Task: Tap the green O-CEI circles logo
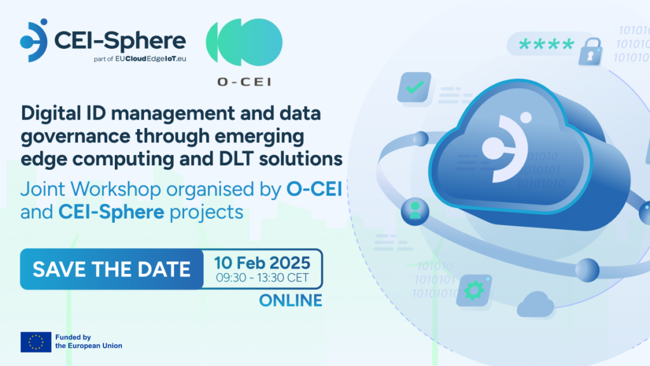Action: (x=244, y=43)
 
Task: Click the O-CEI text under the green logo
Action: (x=244, y=82)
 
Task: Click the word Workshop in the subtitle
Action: (x=116, y=189)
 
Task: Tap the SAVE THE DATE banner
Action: (x=112, y=269)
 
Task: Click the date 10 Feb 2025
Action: (x=262, y=262)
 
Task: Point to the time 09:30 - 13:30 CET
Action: (x=262, y=278)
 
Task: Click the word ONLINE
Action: (x=291, y=301)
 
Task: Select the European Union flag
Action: (x=36, y=342)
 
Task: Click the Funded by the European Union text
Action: (x=89, y=341)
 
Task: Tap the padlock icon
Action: (x=590, y=51)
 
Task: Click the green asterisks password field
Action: (x=547, y=44)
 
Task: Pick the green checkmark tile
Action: (x=414, y=87)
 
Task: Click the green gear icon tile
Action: (x=474, y=290)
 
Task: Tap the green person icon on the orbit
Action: (x=415, y=210)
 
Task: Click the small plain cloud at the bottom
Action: (x=536, y=304)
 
